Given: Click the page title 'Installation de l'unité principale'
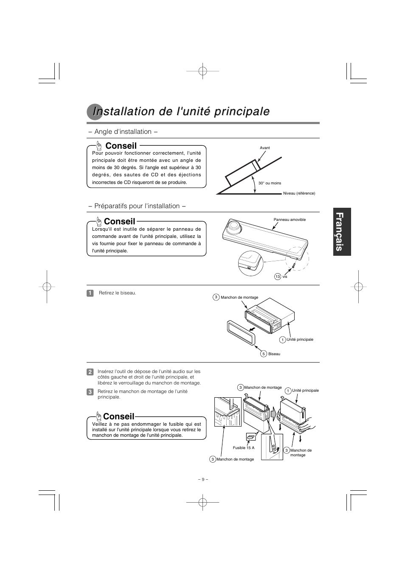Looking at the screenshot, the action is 181,111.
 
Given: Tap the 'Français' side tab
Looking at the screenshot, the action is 342,232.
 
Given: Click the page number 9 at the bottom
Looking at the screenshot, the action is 203,479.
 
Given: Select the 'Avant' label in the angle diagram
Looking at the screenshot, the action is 265,148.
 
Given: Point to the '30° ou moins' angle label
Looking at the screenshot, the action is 270,183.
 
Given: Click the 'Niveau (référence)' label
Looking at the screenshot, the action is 299,193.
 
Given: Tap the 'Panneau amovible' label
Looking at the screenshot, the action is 290,220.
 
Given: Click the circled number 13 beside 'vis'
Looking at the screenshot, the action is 278,277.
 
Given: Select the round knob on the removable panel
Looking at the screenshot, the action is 233,226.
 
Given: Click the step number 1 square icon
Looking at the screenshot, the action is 90,293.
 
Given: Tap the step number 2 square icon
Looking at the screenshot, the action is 90,372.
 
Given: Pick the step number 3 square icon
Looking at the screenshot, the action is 90,392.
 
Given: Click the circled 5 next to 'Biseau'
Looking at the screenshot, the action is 264,354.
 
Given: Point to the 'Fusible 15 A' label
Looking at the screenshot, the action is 243,448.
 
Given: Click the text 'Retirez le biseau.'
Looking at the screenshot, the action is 118,293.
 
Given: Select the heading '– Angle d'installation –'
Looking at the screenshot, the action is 123,132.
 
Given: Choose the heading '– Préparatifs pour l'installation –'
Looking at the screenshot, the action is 137,206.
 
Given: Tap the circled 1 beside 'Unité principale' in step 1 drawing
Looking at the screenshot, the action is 282,340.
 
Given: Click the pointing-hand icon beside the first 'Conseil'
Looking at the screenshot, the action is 99,146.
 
